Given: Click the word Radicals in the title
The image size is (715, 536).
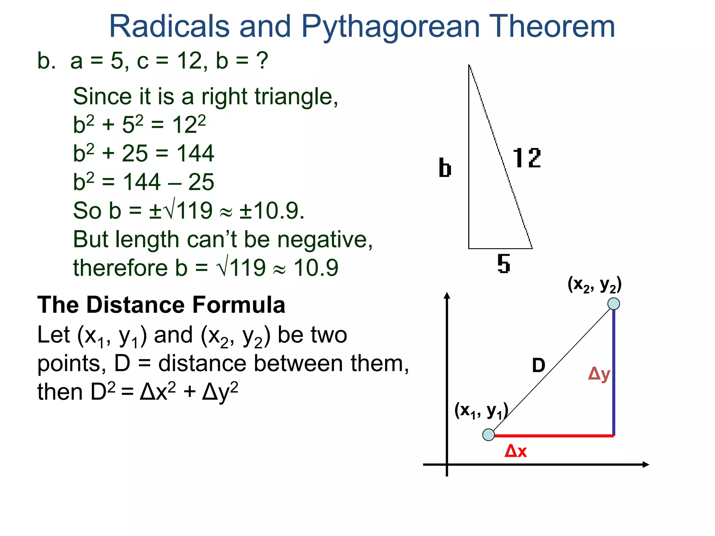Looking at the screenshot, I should click(x=169, y=27).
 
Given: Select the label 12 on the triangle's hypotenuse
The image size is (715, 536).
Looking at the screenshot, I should click(x=526, y=158).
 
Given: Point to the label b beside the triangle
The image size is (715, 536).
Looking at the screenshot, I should click(x=445, y=168).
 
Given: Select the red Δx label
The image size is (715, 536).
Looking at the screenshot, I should click(x=515, y=451).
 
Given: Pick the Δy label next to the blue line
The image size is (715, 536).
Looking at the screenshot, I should click(x=599, y=374).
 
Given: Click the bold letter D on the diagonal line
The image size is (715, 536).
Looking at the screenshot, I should click(x=538, y=366).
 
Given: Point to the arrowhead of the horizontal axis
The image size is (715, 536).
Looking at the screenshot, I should click(x=646, y=464).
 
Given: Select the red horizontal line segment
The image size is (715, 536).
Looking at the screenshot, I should click(x=553, y=435).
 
